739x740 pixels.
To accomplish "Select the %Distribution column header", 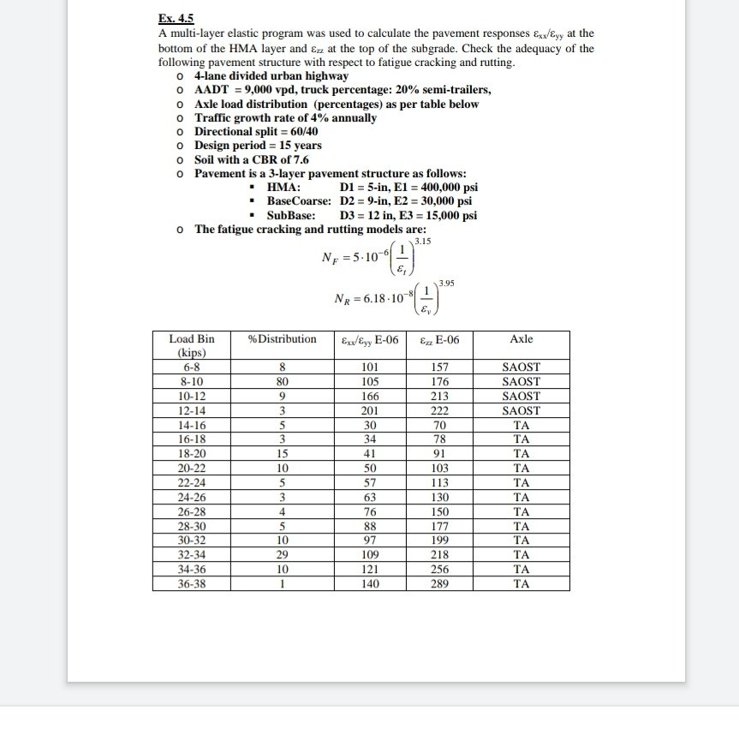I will click(282, 339).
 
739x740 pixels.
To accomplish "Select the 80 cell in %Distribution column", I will click(282, 381).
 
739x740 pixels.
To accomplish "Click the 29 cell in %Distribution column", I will click(282, 555).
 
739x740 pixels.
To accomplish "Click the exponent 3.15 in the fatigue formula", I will click(422, 243).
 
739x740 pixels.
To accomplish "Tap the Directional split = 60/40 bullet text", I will click(256, 131).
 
